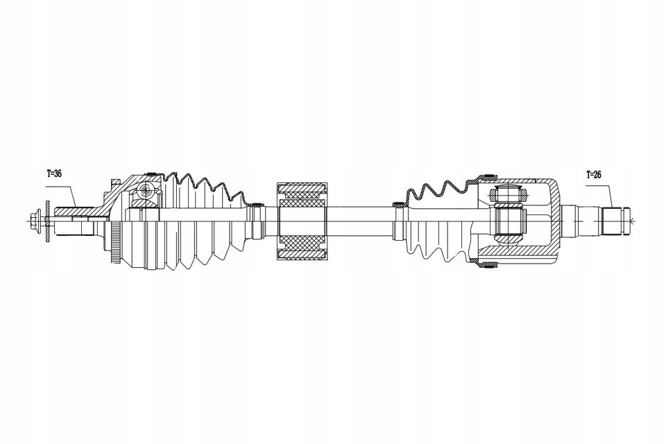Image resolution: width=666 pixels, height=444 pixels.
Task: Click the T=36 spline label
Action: (x=54, y=174)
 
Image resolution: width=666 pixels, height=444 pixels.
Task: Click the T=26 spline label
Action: (x=595, y=174)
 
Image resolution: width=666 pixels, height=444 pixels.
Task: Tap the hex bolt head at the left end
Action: (x=34, y=222)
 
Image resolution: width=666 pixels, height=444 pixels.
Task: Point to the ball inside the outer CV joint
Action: (x=145, y=190)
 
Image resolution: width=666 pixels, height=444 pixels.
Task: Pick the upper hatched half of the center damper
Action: (x=302, y=194)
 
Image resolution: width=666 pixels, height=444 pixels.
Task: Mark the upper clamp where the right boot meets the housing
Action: (x=488, y=174)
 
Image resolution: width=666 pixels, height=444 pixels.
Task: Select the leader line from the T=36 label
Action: (x=67, y=191)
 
